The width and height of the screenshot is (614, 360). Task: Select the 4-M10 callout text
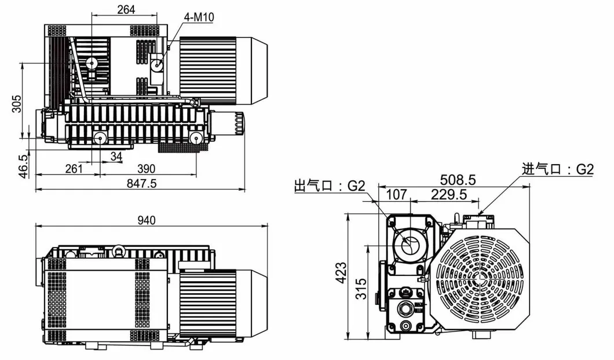pyautogui.click(x=199, y=17)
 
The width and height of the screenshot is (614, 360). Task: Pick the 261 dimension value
pyautogui.click(x=73, y=169)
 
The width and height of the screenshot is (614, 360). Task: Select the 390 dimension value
pyautogui.click(x=146, y=169)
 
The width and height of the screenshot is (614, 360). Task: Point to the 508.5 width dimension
pyautogui.click(x=458, y=180)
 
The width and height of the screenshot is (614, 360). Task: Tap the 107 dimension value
pyautogui.click(x=396, y=195)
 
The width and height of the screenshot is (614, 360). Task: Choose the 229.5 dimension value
pyautogui.click(x=448, y=195)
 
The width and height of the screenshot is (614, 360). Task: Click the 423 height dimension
pyautogui.click(x=341, y=271)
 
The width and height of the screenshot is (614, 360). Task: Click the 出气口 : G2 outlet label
pyautogui.click(x=330, y=186)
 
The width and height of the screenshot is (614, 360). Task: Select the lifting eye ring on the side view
pyautogui.click(x=119, y=250)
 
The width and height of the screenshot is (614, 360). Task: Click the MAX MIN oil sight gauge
pyautogui.click(x=418, y=306)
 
